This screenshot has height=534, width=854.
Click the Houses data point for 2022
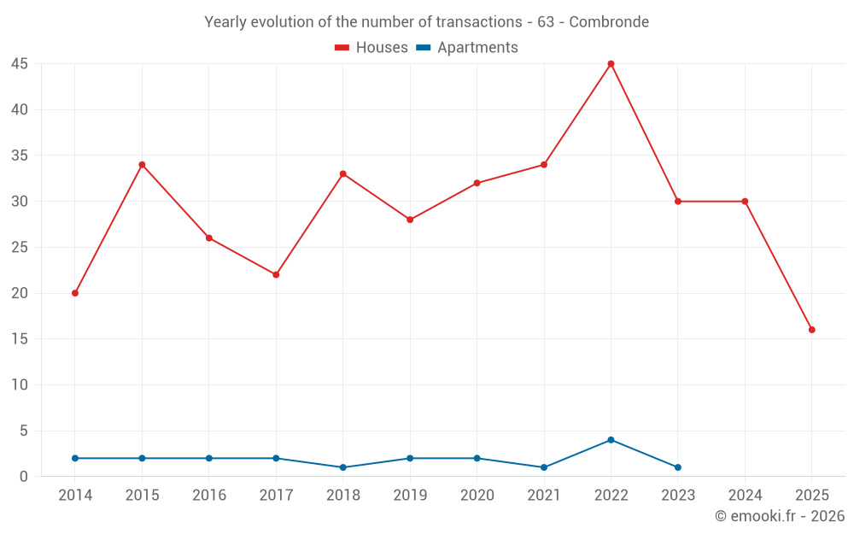[611, 64]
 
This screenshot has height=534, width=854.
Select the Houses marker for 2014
[75, 293]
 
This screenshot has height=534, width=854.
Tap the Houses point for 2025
[811, 330]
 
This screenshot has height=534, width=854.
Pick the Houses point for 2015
[142, 165]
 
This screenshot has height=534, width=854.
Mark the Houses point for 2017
[276, 275]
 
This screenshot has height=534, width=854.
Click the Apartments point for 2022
[611, 440]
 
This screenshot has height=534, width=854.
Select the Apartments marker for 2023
[677, 467]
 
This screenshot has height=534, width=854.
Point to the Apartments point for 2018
[342, 467]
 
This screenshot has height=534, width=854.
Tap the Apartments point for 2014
[75, 458]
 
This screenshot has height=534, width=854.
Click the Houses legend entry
[371, 48]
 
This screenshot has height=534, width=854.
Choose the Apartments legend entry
[467, 48]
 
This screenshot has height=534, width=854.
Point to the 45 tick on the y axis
[20, 64]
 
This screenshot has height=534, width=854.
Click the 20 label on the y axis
[20, 293]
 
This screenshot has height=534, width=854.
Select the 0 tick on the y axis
[24, 477]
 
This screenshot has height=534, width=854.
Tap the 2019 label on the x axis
[410, 496]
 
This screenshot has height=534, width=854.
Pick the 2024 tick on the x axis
[745, 496]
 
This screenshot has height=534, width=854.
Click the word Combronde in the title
[609, 22]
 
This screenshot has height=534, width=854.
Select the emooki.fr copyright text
[780, 516]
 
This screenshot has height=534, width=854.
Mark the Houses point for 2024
[745, 202]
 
